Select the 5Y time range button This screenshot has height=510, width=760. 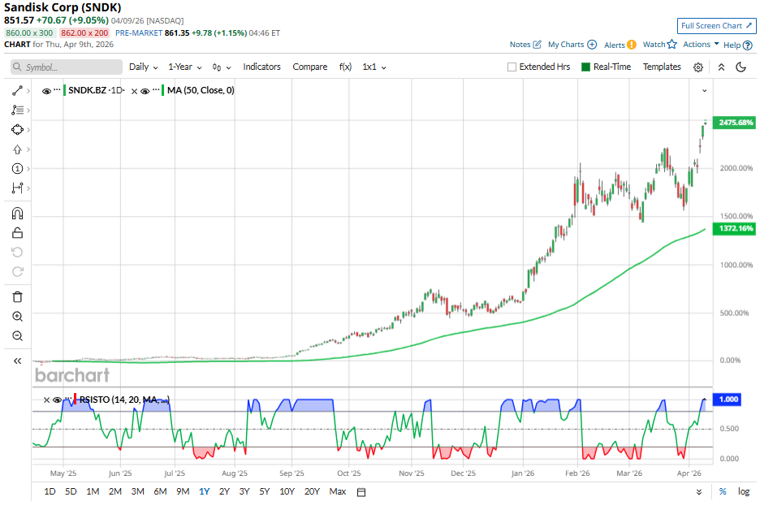(265, 491)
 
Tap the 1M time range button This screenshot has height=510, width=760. (93, 491)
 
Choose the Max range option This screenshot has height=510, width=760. (338, 491)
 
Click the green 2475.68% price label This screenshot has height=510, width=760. (735, 123)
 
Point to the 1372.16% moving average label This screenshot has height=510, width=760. (735, 230)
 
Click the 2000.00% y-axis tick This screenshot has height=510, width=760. (736, 168)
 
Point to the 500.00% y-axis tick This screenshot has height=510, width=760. (734, 313)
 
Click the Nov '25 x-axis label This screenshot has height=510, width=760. (412, 472)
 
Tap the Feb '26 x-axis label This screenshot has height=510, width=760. (576, 472)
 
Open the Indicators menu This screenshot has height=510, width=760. (261, 67)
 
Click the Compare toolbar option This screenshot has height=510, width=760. (309, 67)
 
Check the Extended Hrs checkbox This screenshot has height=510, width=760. (512, 67)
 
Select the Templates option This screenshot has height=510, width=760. (662, 67)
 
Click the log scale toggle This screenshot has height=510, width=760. (743, 491)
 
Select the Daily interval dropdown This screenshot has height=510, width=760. (144, 67)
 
